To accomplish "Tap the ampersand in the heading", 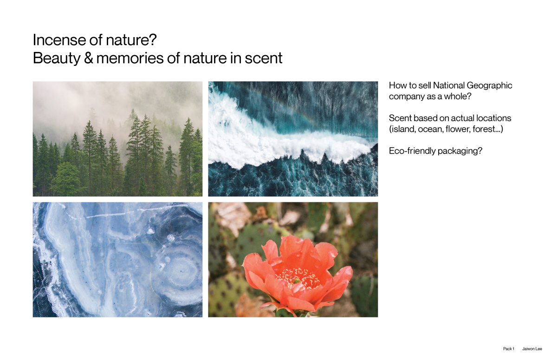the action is click(89, 58).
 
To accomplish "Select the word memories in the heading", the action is click(130, 58).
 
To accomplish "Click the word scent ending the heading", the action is click(263, 58).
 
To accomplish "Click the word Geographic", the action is click(489, 86).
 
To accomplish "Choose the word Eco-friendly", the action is click(412, 151).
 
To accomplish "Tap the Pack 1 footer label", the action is click(509, 348).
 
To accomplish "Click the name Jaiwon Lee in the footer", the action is click(532, 348).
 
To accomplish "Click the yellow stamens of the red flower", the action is click(298, 278).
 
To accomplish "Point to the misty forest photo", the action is click(117, 139).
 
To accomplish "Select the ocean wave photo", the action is click(293, 139).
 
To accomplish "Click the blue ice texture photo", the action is click(117, 260).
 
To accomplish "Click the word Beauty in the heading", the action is click(57, 58).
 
